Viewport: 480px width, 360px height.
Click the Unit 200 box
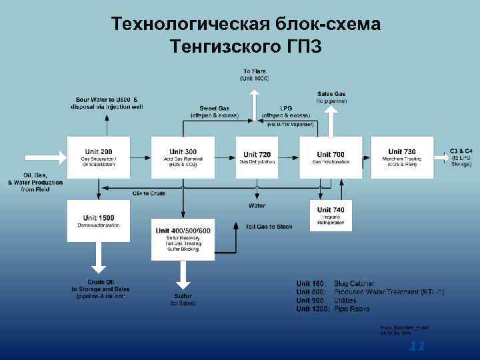pyautogui.click(x=98, y=157)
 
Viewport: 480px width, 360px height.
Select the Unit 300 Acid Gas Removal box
pyautogui.click(x=183, y=157)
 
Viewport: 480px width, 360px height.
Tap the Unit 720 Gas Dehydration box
pyautogui.click(x=257, y=157)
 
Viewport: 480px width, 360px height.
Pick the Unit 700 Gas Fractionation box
pyautogui.click(x=331, y=157)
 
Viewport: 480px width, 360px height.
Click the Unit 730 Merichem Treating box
pyautogui.click(x=401, y=157)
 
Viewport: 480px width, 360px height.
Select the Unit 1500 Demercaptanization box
pyautogui.click(x=98, y=221)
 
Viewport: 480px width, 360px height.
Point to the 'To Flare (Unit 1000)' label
pyautogui.click(x=255, y=75)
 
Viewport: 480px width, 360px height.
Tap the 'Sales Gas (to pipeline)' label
pyautogui.click(x=331, y=97)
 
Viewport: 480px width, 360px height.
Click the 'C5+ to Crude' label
pyautogui.click(x=148, y=193)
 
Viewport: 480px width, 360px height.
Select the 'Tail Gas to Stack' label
pyautogui.click(x=266, y=227)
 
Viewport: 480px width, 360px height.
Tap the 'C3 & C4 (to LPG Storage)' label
pyautogui.click(x=461, y=157)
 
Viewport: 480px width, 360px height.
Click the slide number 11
pyautogui.click(x=417, y=346)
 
